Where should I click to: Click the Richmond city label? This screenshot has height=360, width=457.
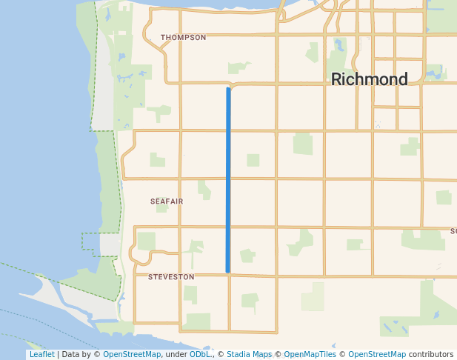pos(369,79)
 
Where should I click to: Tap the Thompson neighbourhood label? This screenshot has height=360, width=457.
pos(183,37)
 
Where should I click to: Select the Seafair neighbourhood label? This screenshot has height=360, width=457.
pos(166,201)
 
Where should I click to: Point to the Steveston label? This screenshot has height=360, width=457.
pos(171,277)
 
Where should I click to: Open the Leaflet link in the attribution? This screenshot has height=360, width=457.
pos(41,355)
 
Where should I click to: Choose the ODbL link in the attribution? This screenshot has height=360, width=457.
pos(199,355)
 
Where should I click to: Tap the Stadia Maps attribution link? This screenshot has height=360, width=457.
pos(249,355)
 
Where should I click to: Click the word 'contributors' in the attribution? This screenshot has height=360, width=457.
pos(431,355)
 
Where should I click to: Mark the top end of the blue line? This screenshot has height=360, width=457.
pos(228,90)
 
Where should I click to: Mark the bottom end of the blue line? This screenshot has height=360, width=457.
pos(228,270)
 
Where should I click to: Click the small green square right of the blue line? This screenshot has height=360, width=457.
pos(253,160)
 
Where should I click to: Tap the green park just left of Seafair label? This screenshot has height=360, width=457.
pos(157,159)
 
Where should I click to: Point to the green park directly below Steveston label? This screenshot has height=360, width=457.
pos(190,294)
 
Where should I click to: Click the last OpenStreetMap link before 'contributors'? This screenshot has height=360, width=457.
pos(377,355)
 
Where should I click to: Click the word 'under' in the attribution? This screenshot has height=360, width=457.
pos(176,355)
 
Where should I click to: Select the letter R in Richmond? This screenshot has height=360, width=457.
pos(337,79)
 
